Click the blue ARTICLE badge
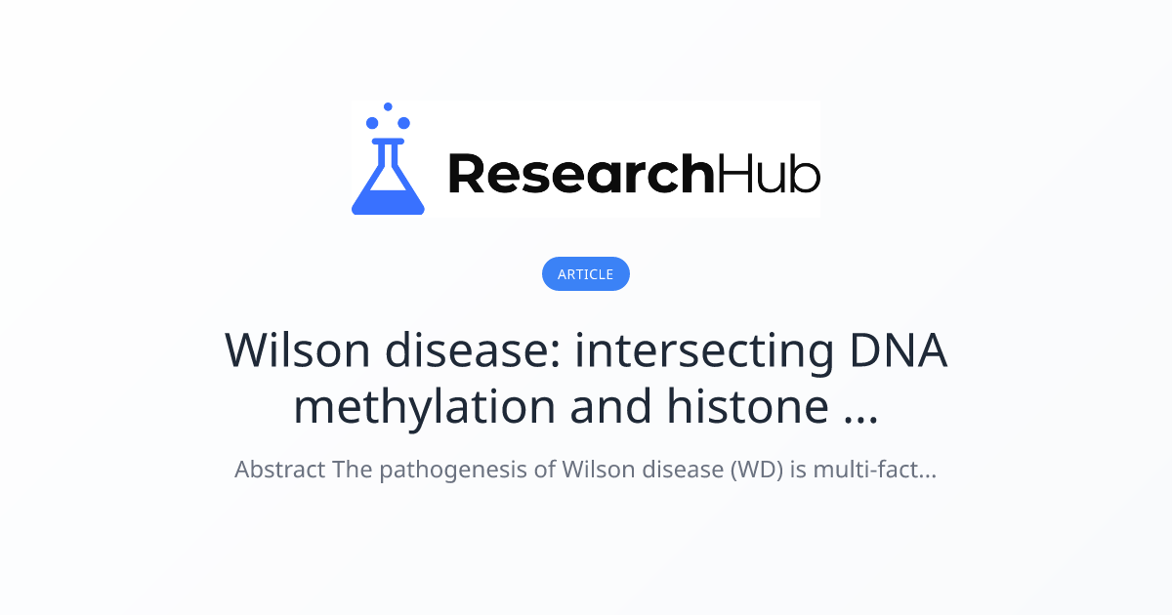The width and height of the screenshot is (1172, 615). pyautogui.click(x=585, y=274)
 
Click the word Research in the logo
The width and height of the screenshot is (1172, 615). pyautogui.click(x=581, y=174)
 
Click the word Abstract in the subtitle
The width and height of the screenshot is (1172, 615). pyautogui.click(x=279, y=470)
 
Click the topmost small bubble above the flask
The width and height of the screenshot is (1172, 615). pyautogui.click(x=388, y=106)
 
